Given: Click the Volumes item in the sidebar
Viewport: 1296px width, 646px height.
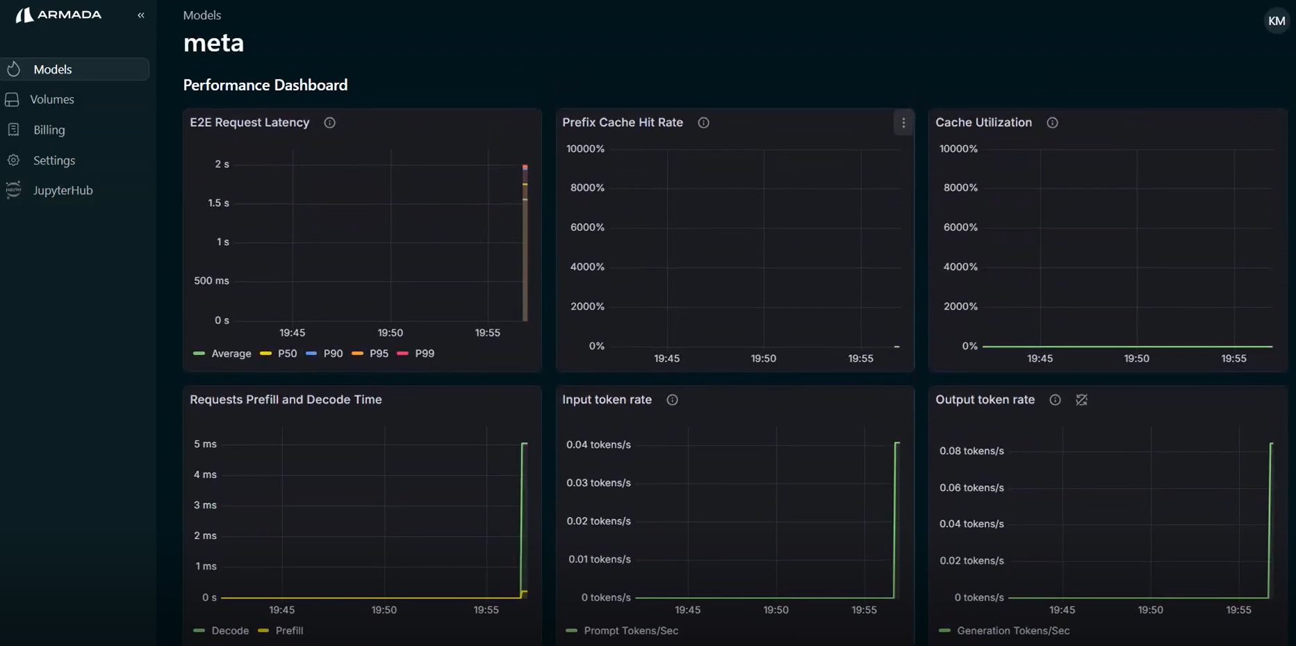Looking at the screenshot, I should coord(51,99).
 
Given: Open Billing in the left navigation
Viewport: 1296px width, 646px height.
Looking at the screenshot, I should coord(49,130).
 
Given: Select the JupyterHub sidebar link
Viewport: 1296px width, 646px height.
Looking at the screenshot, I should coord(63,190).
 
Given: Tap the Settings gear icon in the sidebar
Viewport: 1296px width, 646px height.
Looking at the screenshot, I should coord(13,160).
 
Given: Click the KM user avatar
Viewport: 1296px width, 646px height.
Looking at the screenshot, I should coord(1276,21).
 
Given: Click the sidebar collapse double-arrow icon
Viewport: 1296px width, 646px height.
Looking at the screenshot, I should coord(141,15).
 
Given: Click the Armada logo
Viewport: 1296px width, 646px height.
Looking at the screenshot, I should coord(59,15).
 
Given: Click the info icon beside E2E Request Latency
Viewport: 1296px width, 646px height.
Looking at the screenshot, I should coord(329,123).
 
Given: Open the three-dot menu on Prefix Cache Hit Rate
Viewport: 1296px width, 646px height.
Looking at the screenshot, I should coord(903,123).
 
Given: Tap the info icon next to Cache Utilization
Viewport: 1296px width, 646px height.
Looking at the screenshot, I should coord(1052,123).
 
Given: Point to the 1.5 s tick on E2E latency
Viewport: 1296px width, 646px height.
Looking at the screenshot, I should coord(218,204).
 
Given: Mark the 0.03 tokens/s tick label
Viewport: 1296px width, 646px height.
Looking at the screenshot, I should coord(598,483).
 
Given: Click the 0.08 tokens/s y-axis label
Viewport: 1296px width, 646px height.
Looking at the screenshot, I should coord(971,451).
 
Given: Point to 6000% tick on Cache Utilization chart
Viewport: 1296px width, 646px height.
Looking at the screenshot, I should coord(960,227).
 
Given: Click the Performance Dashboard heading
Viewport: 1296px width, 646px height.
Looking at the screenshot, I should coord(265,85).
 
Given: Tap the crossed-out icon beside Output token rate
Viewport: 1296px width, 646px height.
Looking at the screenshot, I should coord(1081,400).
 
